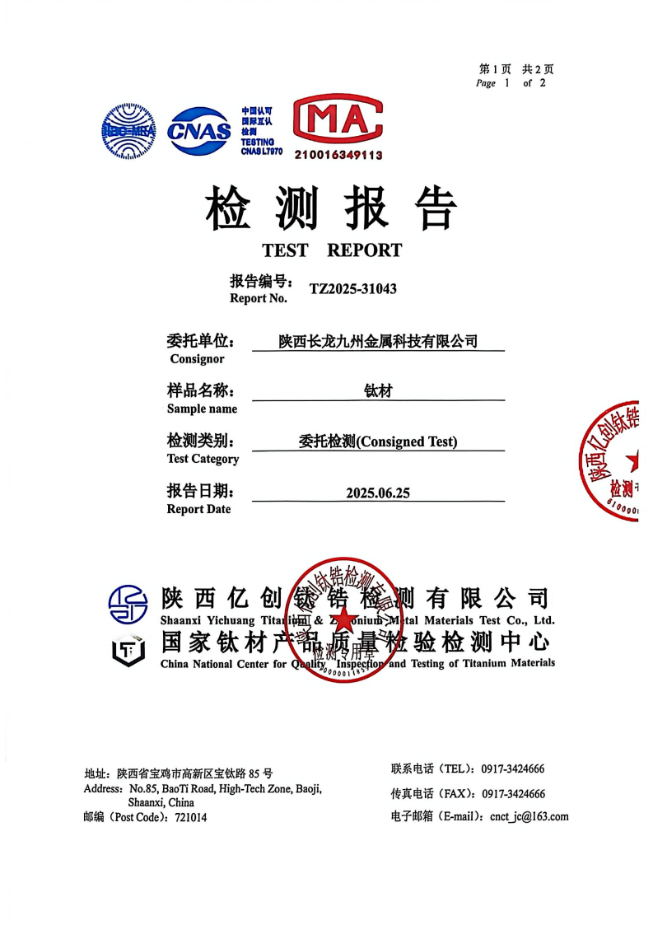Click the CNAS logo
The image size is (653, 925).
click(x=199, y=130)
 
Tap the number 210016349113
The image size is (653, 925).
click(x=338, y=155)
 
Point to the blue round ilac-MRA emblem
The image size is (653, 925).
click(x=128, y=131)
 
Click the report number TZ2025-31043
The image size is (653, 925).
click(x=352, y=289)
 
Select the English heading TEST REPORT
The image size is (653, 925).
click(x=332, y=250)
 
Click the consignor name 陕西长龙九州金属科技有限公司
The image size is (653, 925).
click(x=378, y=341)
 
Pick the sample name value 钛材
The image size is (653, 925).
click(x=378, y=391)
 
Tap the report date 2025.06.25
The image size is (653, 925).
click(x=378, y=493)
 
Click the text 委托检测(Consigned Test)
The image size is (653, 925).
click(x=378, y=441)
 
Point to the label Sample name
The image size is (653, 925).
click(x=202, y=409)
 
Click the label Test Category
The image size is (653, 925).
click(x=203, y=459)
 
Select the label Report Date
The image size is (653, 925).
click(x=198, y=509)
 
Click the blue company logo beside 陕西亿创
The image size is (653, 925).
click(x=128, y=604)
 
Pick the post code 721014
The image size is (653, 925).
click(x=191, y=818)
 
